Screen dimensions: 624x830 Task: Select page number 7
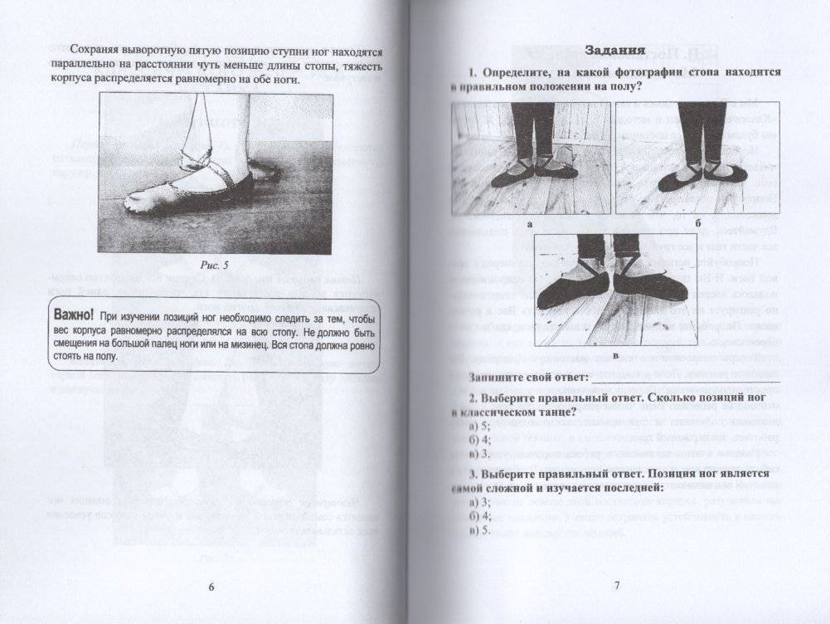click(x=616, y=587)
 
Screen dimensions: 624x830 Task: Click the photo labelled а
click(x=531, y=158)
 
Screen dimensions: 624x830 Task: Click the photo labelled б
click(x=697, y=158)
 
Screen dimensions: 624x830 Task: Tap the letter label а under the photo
click(x=530, y=225)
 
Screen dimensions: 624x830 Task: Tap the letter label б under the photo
click(x=698, y=224)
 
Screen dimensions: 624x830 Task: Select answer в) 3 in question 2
click(x=477, y=455)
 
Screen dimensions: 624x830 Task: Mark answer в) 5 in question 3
click(x=477, y=530)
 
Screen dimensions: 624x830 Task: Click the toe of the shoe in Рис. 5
click(x=137, y=201)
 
